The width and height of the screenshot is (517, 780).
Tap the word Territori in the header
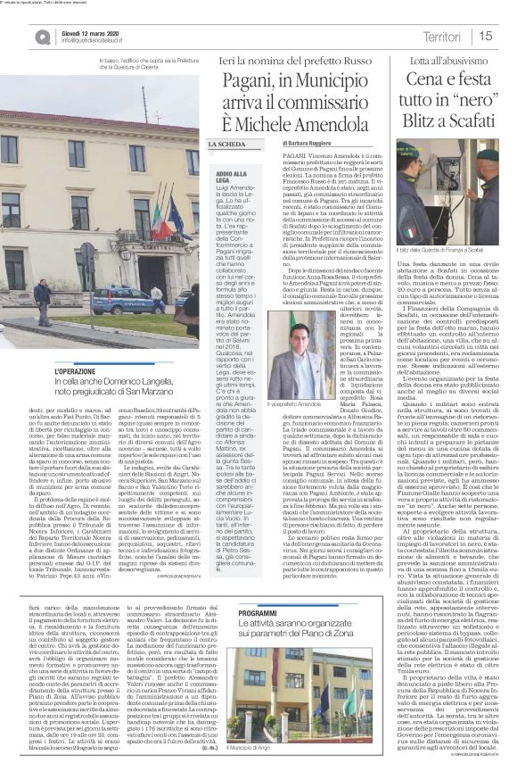point(442,36)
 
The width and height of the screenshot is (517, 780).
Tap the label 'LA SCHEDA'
point(228,144)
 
